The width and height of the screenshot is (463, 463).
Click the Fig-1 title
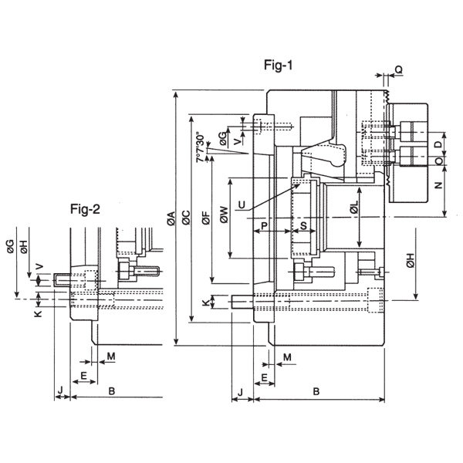278,65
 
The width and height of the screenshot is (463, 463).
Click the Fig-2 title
85,209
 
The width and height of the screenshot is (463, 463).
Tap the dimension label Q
398,69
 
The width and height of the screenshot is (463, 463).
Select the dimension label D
439,144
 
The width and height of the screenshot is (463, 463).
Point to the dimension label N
439,185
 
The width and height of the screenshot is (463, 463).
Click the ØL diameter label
354,207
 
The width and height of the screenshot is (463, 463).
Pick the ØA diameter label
171,218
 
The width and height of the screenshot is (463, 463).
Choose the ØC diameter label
186,218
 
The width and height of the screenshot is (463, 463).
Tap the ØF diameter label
206,218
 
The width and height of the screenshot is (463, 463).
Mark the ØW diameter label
224,215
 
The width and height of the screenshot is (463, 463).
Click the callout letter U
242,204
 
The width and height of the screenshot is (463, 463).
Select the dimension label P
264,226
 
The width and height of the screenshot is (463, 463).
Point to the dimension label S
303,226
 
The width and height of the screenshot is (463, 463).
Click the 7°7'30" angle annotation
200,147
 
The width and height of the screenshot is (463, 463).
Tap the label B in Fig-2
111,391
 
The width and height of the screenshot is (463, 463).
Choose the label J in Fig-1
240,393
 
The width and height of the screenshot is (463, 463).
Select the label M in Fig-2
111,357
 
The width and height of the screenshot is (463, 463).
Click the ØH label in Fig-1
411,261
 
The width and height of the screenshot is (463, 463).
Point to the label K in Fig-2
39,313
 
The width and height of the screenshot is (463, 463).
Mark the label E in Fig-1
264,377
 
